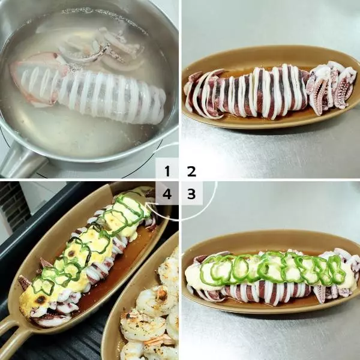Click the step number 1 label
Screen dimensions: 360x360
[167, 171]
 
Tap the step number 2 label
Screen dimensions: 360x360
[192, 171]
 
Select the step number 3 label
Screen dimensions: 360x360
[191, 194]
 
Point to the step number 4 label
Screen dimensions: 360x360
[167, 194]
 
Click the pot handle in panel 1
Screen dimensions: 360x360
[20, 161]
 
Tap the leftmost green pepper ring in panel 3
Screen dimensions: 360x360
[209, 271]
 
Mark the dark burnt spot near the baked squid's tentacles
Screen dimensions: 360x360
[41, 299]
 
